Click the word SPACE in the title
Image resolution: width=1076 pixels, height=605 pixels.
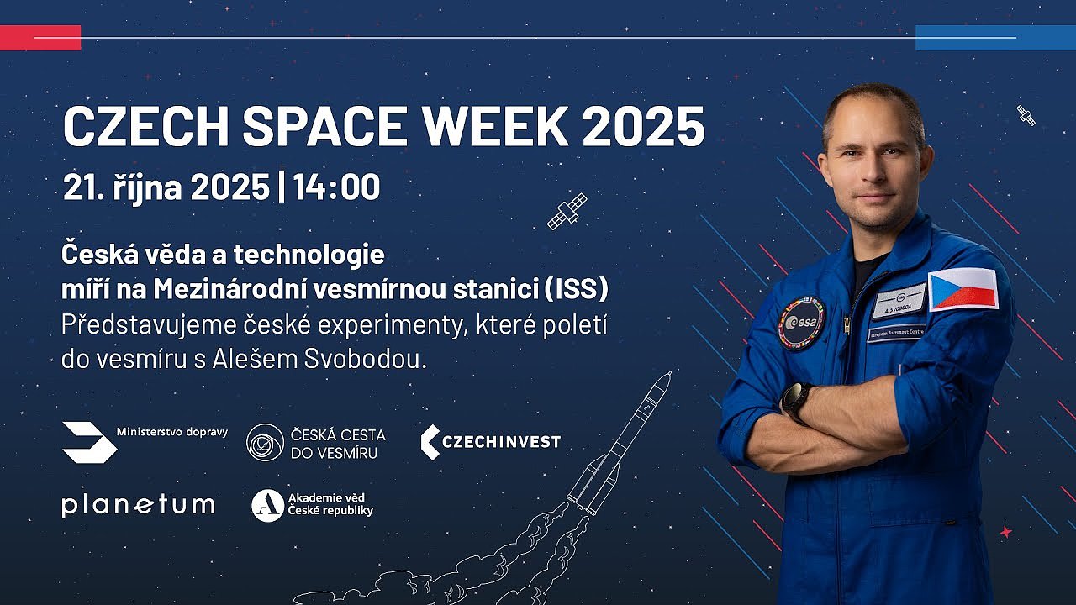pyautogui.click(x=324, y=126)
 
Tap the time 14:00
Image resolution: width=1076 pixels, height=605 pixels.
pyautogui.click(x=337, y=187)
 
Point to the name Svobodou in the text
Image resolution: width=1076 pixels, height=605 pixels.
pyautogui.click(x=365, y=359)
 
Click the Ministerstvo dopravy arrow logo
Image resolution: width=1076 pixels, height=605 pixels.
pyautogui.click(x=89, y=442)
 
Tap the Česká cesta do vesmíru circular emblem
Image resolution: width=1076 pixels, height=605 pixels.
pyautogui.click(x=265, y=442)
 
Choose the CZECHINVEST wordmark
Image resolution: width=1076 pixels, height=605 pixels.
pyautogui.click(x=491, y=442)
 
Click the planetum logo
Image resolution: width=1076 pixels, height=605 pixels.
pyautogui.click(x=138, y=506)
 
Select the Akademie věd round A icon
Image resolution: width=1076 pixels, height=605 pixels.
pyautogui.click(x=267, y=506)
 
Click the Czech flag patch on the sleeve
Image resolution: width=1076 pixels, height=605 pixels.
pyautogui.click(x=963, y=289)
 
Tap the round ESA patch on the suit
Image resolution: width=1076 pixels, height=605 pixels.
pyautogui.click(x=801, y=323)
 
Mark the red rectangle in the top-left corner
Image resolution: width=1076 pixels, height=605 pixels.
pyautogui.click(x=40, y=38)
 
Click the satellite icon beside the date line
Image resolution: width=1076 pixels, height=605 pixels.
pyautogui.click(x=567, y=211)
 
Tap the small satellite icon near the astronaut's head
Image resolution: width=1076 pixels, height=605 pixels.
pyautogui.click(x=1026, y=115)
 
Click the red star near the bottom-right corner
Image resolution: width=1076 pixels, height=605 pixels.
pyautogui.click(x=1006, y=532)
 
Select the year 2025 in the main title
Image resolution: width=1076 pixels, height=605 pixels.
pyautogui.click(x=644, y=126)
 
